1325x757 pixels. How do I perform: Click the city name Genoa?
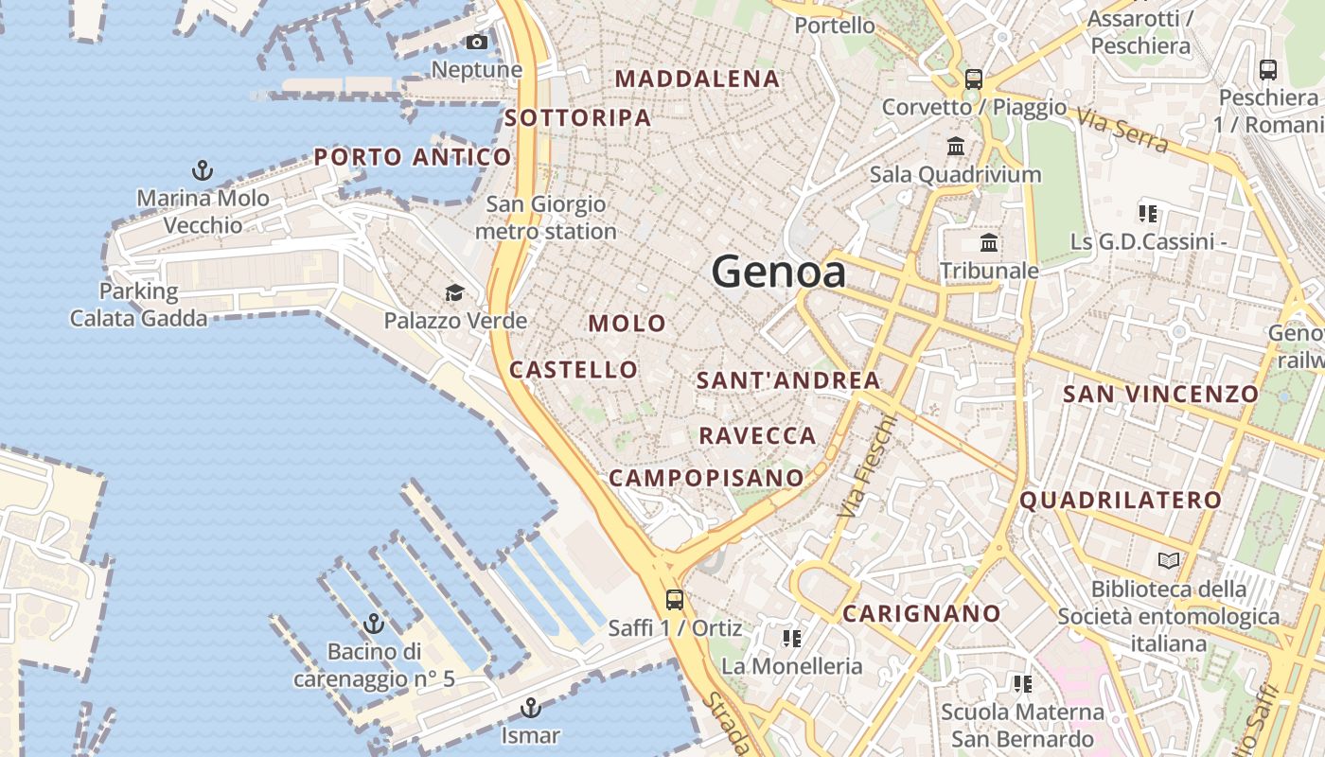tap(778, 273)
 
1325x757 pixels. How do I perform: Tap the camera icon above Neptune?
tap(477, 43)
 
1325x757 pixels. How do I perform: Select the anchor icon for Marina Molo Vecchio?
tap(202, 170)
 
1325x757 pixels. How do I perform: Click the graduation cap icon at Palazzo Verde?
tap(455, 292)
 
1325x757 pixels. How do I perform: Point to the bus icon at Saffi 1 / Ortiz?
tap(674, 599)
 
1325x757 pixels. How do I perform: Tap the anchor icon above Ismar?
tap(531, 707)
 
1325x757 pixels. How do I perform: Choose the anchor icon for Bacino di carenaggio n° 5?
tap(374, 624)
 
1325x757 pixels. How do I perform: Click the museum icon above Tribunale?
tap(989, 243)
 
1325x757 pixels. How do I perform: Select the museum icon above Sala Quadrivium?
tap(956, 147)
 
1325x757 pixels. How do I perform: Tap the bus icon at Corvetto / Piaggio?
tap(974, 79)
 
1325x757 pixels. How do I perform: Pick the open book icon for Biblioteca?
tap(1169, 561)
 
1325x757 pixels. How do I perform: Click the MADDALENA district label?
tap(698, 79)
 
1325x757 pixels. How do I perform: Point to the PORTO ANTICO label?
tap(413, 157)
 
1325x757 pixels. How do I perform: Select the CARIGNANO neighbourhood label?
tap(921, 614)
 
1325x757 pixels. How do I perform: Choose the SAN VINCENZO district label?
tap(1160, 395)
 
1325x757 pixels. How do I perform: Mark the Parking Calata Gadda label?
tap(138, 305)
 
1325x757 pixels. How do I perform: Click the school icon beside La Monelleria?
tap(792, 639)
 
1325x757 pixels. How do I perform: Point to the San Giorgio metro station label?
tap(545, 218)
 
